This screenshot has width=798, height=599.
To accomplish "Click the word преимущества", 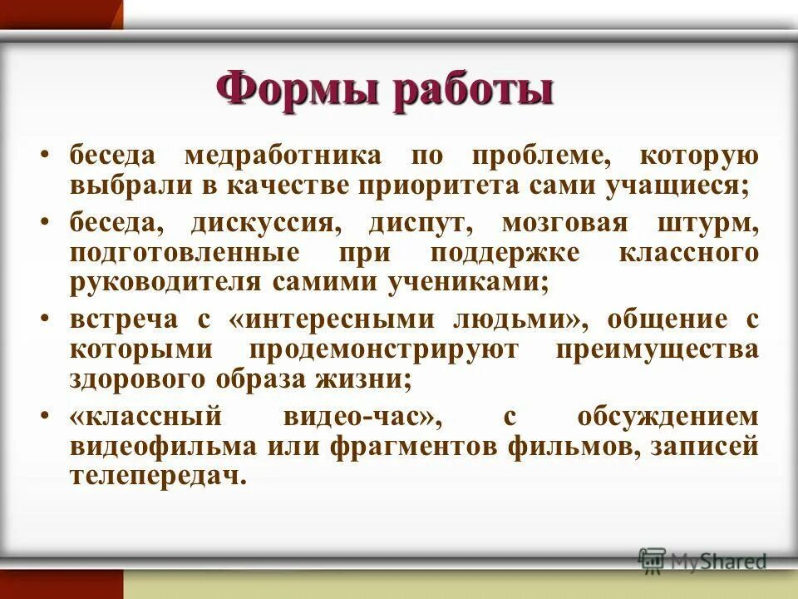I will pyautogui.click(x=657, y=349).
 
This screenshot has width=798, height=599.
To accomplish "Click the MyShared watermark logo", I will pyautogui.click(x=702, y=561).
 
